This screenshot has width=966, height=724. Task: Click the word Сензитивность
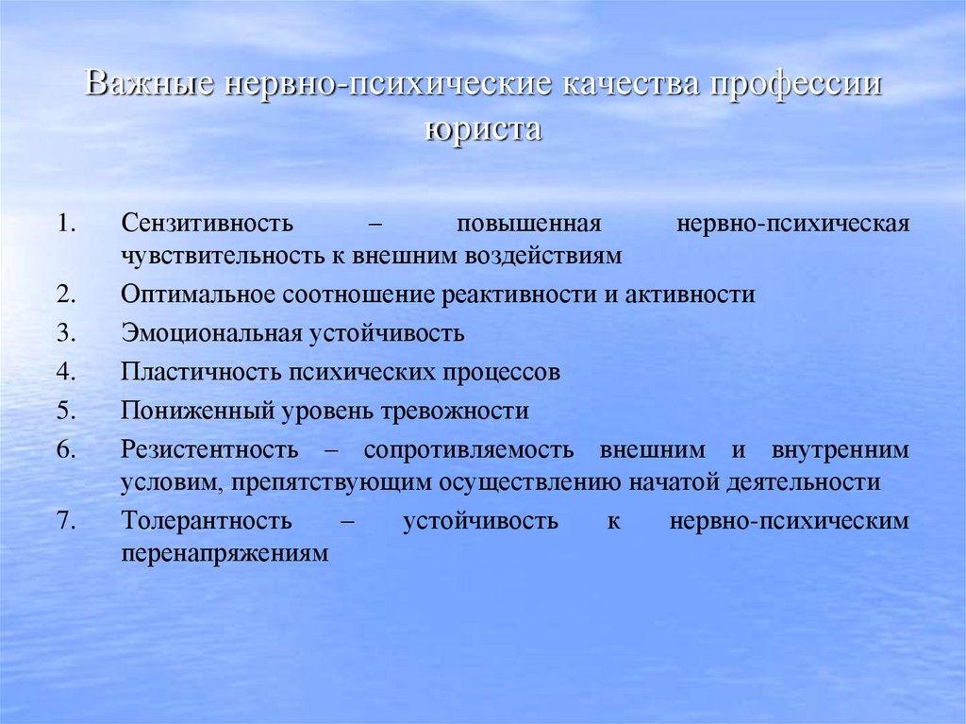(208, 225)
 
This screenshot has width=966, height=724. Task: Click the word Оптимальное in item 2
(196, 295)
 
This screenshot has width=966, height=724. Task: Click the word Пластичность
(194, 372)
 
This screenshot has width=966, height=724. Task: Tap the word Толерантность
(206, 521)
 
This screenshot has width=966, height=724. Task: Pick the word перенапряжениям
(225, 553)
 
